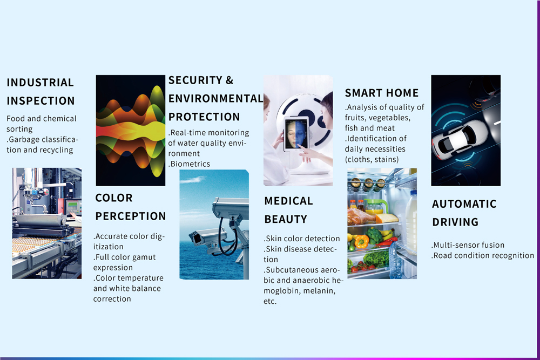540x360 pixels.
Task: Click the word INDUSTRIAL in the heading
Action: (x=40, y=83)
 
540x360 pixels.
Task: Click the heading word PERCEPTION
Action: (x=131, y=216)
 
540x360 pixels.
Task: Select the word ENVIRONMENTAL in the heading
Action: (x=216, y=99)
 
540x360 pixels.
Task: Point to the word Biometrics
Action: (x=191, y=164)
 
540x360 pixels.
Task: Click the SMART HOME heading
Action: (x=382, y=93)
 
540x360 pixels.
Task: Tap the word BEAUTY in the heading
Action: (x=286, y=219)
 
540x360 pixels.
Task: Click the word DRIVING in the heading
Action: (x=455, y=222)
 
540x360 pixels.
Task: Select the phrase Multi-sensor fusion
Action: (x=469, y=245)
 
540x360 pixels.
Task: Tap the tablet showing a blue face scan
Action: (x=296, y=134)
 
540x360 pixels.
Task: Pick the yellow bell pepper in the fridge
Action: (x=361, y=241)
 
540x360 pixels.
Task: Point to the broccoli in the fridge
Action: (x=374, y=235)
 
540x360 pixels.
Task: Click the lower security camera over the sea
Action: (x=207, y=237)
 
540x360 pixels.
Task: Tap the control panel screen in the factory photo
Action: (x=73, y=207)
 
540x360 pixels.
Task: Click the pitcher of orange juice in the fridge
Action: (x=375, y=207)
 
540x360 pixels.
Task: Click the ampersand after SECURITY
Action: (x=230, y=80)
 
